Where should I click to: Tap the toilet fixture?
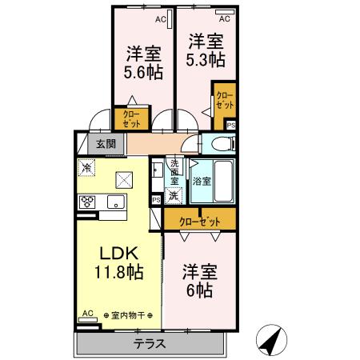point(222,144)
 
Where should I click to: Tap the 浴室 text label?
point(202,182)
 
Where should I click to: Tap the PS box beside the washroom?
point(156,200)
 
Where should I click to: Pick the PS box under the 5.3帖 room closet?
point(231,124)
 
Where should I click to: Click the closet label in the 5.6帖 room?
point(130,119)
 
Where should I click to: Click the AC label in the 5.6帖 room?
point(160,18)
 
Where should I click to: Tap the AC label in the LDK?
point(87,314)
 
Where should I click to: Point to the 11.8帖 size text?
point(121,272)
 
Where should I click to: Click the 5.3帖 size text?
point(206,58)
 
